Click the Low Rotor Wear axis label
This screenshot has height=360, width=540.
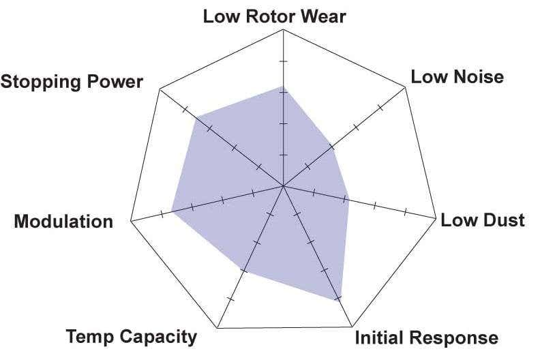tap(275, 16)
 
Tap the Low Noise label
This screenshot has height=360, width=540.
tap(457, 76)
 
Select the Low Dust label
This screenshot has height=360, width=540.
tap(483, 220)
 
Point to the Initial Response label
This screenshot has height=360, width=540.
tap(426, 337)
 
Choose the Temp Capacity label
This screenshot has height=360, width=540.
tap(131, 336)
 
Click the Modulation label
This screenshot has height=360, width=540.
tap(63, 221)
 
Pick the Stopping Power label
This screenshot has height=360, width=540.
tap(72, 82)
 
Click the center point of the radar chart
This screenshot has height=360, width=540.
tap(283, 186)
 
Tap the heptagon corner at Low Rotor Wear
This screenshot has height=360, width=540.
tap(283, 29)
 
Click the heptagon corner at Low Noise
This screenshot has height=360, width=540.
tap(406, 88)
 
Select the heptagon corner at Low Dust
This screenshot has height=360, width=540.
tap(436, 218)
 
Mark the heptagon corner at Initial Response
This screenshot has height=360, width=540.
tap(352, 327)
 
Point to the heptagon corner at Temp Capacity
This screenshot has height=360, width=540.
tap(217, 328)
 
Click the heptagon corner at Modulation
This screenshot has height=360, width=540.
tap(131, 221)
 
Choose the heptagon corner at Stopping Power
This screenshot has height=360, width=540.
tap(160, 89)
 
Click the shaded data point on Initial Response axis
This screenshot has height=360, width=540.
tap(339, 301)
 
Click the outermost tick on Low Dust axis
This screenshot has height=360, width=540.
tap(405, 211)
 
